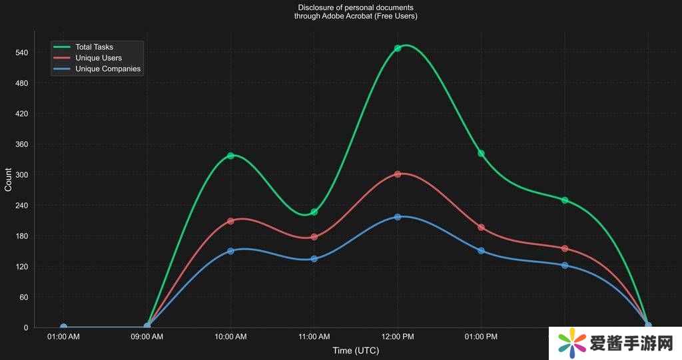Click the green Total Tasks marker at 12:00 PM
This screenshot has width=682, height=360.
pyautogui.click(x=398, y=48)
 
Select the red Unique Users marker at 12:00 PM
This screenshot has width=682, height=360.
pyautogui.click(x=398, y=174)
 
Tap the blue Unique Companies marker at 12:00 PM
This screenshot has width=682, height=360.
pyautogui.click(x=398, y=217)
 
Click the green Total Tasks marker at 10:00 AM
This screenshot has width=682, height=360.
pyautogui.click(x=230, y=156)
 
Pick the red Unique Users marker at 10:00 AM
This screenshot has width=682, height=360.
pyautogui.click(x=230, y=221)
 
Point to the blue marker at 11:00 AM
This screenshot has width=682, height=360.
pyautogui.click(x=314, y=258)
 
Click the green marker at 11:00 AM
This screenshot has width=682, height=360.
pyautogui.click(x=314, y=212)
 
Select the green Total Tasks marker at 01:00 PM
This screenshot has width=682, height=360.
pyautogui.click(x=481, y=153)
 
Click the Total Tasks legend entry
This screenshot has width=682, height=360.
pyautogui.click(x=94, y=47)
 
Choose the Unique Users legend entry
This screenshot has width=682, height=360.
pyautogui.click(x=98, y=58)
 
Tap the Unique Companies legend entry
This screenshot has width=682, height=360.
pyautogui.click(x=108, y=69)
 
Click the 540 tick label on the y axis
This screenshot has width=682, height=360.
pyautogui.click(x=21, y=53)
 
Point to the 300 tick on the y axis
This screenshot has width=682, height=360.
pyautogui.click(x=21, y=175)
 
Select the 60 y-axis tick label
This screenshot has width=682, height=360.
pyautogui.click(x=23, y=297)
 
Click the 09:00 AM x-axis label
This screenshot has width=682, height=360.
pyautogui.click(x=147, y=337)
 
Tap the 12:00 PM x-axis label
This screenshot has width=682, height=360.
pyautogui.click(x=398, y=337)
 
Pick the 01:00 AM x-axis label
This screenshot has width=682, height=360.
pyautogui.click(x=63, y=337)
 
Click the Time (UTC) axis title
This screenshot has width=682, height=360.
pyautogui.click(x=356, y=351)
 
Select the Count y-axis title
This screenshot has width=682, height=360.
pyautogui.click(x=8, y=180)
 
